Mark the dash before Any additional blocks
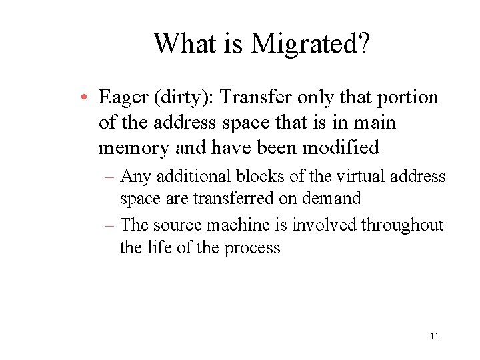click(111, 177)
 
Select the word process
click(251, 248)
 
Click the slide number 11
click(434, 337)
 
